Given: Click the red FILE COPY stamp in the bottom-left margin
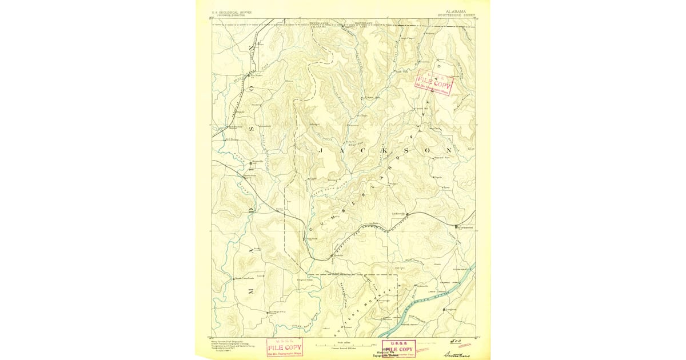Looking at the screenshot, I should (285, 347).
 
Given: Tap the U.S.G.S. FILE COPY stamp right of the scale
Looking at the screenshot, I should (399, 349).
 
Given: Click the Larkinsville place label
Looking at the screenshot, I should (398, 214).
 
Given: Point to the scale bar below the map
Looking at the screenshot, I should (343, 346).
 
